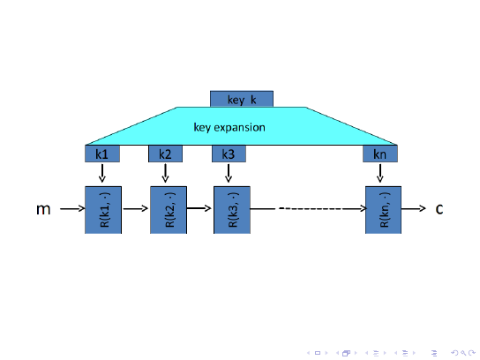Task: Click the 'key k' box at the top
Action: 242,99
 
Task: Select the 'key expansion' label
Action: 229,127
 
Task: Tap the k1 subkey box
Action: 102,154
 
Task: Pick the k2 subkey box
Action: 165,154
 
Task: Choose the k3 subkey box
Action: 229,154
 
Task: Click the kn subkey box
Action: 380,154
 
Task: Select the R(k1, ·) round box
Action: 103,210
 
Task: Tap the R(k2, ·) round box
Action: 169,210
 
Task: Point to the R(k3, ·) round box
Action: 232,210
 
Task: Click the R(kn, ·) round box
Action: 383,210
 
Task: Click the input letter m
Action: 43,209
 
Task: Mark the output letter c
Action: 439,209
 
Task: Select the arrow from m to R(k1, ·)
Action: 72,209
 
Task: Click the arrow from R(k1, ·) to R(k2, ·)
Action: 136,209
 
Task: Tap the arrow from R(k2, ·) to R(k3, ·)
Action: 199,208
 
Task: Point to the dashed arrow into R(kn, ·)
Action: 308,209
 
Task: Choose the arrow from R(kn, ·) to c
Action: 414,209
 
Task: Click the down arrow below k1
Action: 102,173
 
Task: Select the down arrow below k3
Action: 229,173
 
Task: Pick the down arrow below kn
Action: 380,173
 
